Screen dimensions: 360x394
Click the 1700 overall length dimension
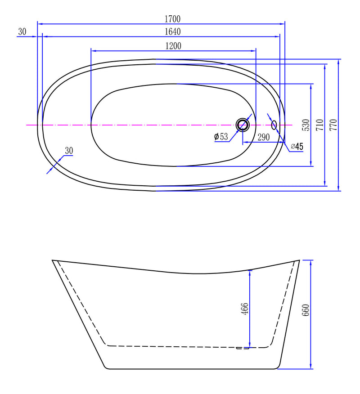[172, 19]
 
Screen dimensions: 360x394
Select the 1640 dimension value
[172, 31]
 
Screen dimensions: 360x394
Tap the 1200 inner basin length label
[173, 46]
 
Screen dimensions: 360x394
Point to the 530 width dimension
[306, 125]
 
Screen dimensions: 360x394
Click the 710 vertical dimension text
[320, 125]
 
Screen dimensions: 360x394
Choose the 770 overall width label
[333, 125]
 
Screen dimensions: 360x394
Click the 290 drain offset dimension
[263, 137]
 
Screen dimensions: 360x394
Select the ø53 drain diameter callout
[221, 137]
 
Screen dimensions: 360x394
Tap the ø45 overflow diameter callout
[297, 146]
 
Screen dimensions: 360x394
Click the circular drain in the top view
[243, 125]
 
